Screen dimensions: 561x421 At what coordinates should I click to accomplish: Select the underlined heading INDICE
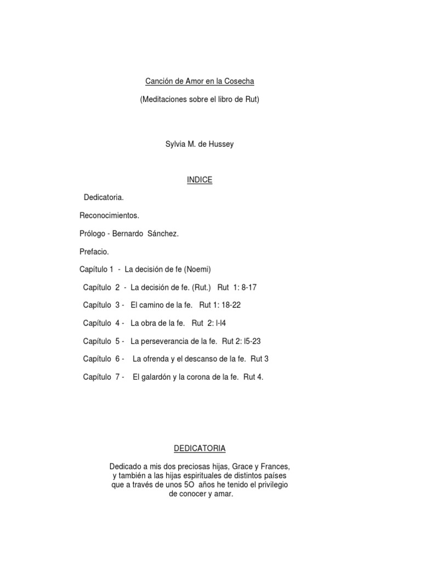click(199, 180)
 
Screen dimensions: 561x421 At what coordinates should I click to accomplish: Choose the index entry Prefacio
click(94, 251)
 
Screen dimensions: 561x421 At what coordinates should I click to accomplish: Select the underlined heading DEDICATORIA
click(200, 448)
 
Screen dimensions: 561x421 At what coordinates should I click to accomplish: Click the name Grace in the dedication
click(245, 466)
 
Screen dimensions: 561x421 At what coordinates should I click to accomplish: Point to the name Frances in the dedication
click(275, 466)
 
